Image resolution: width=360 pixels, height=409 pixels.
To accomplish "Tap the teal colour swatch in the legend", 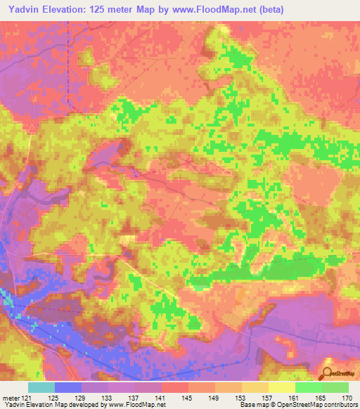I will tap(41, 387).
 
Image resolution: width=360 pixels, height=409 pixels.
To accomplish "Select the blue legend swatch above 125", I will tap(67, 387).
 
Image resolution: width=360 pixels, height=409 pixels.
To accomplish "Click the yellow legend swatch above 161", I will tap(281, 387).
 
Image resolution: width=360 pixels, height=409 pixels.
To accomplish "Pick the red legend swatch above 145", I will tap(174, 387).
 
